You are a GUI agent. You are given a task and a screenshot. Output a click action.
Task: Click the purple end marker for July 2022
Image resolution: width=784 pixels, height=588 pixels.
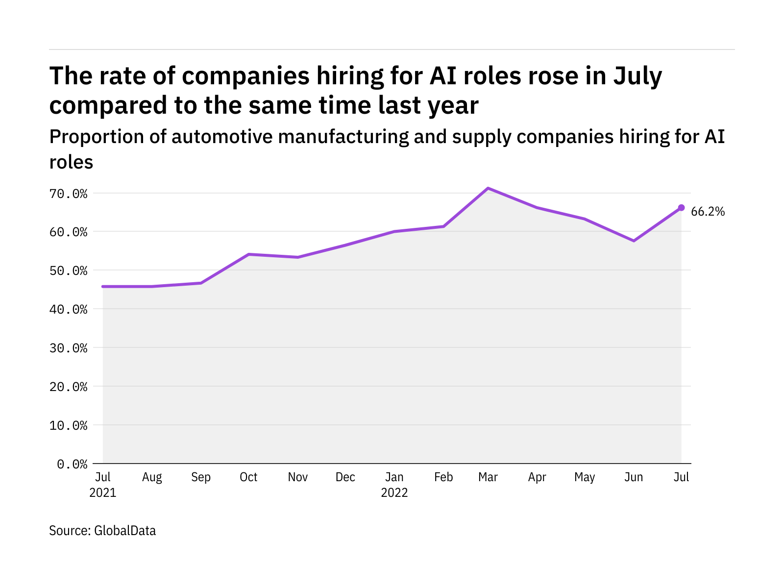(x=681, y=208)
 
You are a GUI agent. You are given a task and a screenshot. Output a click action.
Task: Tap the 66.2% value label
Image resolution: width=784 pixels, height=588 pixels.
(x=708, y=212)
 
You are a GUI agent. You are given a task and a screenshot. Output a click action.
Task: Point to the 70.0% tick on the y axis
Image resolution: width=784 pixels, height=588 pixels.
(x=68, y=194)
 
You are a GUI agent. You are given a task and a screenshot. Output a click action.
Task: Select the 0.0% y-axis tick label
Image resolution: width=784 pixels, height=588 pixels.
(x=72, y=464)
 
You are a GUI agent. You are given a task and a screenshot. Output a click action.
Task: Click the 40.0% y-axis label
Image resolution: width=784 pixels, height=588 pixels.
(x=68, y=309)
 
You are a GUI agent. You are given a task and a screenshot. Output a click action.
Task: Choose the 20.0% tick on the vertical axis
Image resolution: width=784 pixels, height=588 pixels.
(x=68, y=387)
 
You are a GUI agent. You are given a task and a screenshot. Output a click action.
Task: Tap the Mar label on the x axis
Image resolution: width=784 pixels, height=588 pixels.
(x=488, y=477)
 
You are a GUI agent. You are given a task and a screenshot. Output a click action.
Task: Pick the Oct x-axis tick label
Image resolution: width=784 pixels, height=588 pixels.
(x=248, y=477)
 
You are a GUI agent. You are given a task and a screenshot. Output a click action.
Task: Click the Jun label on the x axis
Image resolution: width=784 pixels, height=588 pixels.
(x=634, y=477)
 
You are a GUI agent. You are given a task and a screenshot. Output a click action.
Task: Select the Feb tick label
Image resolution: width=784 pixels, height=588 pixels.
(x=443, y=477)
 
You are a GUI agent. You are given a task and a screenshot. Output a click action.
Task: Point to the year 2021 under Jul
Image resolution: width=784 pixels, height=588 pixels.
(x=103, y=492)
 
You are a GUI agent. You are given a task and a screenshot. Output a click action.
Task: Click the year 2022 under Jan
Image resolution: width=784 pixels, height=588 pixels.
(x=394, y=492)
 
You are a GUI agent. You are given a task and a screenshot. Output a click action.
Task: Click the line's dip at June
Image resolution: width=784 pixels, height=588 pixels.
(x=634, y=241)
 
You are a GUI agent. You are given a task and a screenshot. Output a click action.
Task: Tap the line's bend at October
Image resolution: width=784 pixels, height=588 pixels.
(x=249, y=254)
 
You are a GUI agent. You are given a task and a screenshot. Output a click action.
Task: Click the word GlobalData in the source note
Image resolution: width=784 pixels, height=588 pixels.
(x=125, y=531)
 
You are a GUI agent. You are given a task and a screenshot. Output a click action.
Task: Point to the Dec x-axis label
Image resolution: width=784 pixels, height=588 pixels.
(x=345, y=477)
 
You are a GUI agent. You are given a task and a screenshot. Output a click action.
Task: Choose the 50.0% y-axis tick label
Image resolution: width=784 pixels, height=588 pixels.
(x=68, y=270)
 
